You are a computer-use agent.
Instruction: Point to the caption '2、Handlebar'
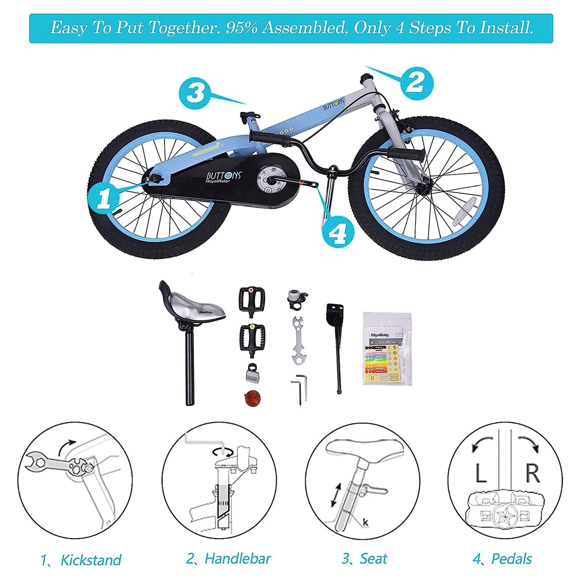click(x=229, y=559)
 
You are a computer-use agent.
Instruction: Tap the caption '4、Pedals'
click(x=503, y=559)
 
